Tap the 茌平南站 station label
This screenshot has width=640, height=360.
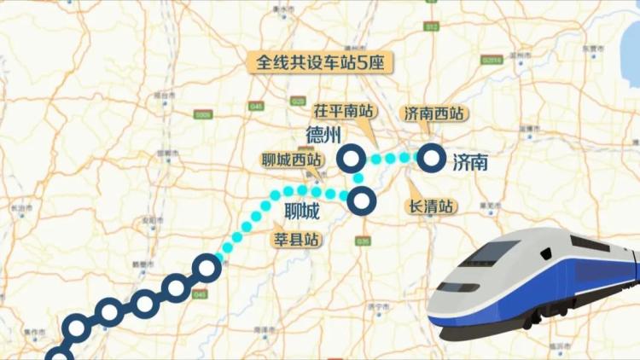344,111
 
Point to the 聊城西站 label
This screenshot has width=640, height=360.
292,159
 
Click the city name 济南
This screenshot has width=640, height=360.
470,161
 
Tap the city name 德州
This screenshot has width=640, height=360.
323,136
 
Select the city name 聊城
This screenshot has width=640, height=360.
301,210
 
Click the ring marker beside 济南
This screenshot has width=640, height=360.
431,158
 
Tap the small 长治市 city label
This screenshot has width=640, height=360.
15,207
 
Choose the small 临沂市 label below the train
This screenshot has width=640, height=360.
558,345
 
